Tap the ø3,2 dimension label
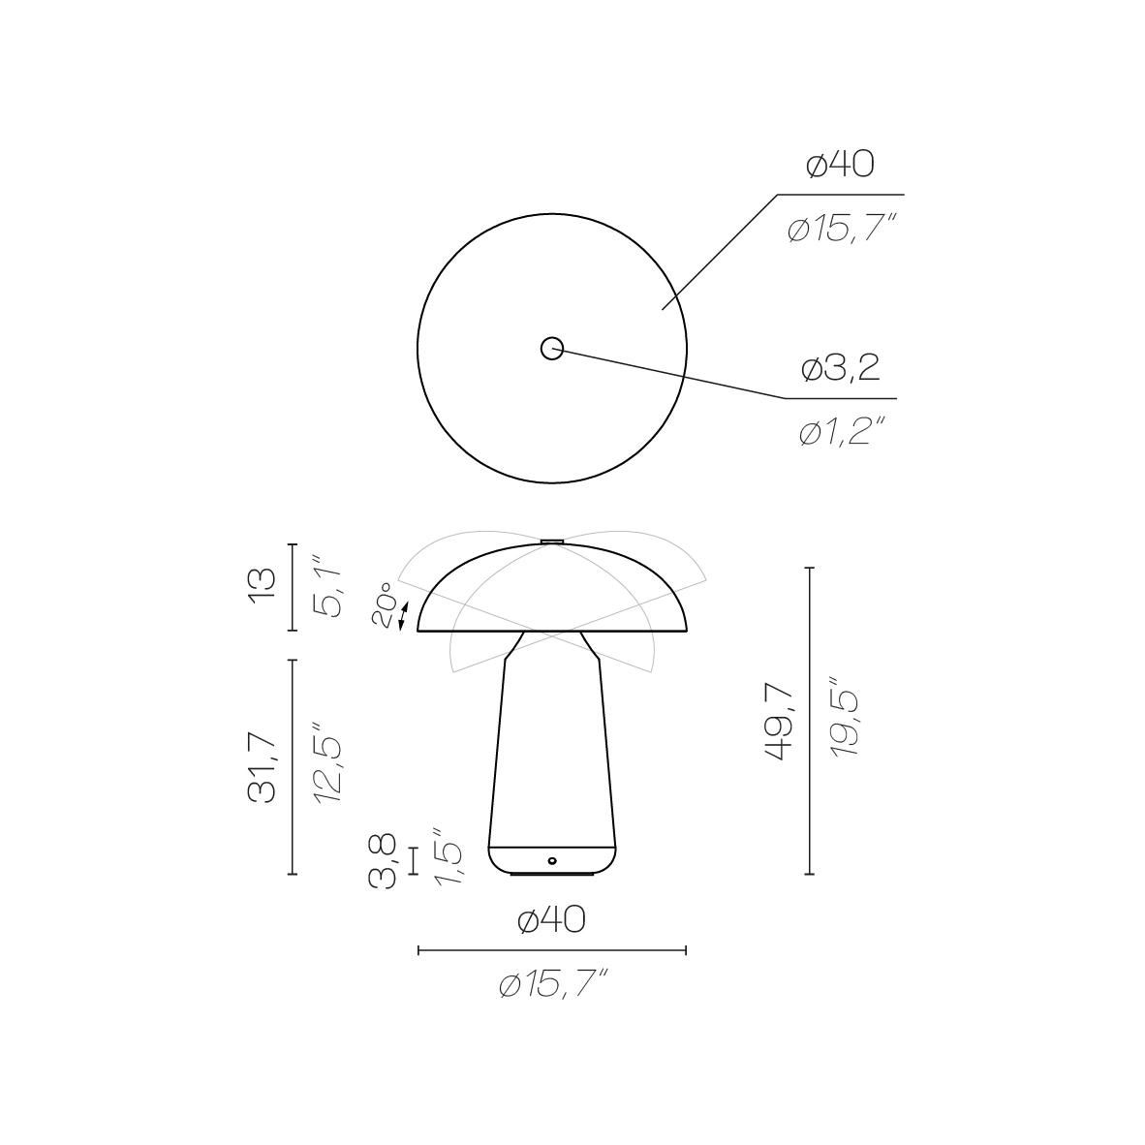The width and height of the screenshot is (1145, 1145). pyautogui.click(x=841, y=368)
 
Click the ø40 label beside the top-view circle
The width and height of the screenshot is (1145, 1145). pyautogui.click(x=840, y=165)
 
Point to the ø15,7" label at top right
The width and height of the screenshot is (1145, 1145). pyautogui.click(x=842, y=229)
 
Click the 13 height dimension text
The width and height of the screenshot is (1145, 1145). pyautogui.click(x=263, y=586)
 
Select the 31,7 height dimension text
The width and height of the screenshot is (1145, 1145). pyautogui.click(x=263, y=767)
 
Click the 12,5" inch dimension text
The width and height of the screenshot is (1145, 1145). pyautogui.click(x=327, y=764)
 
